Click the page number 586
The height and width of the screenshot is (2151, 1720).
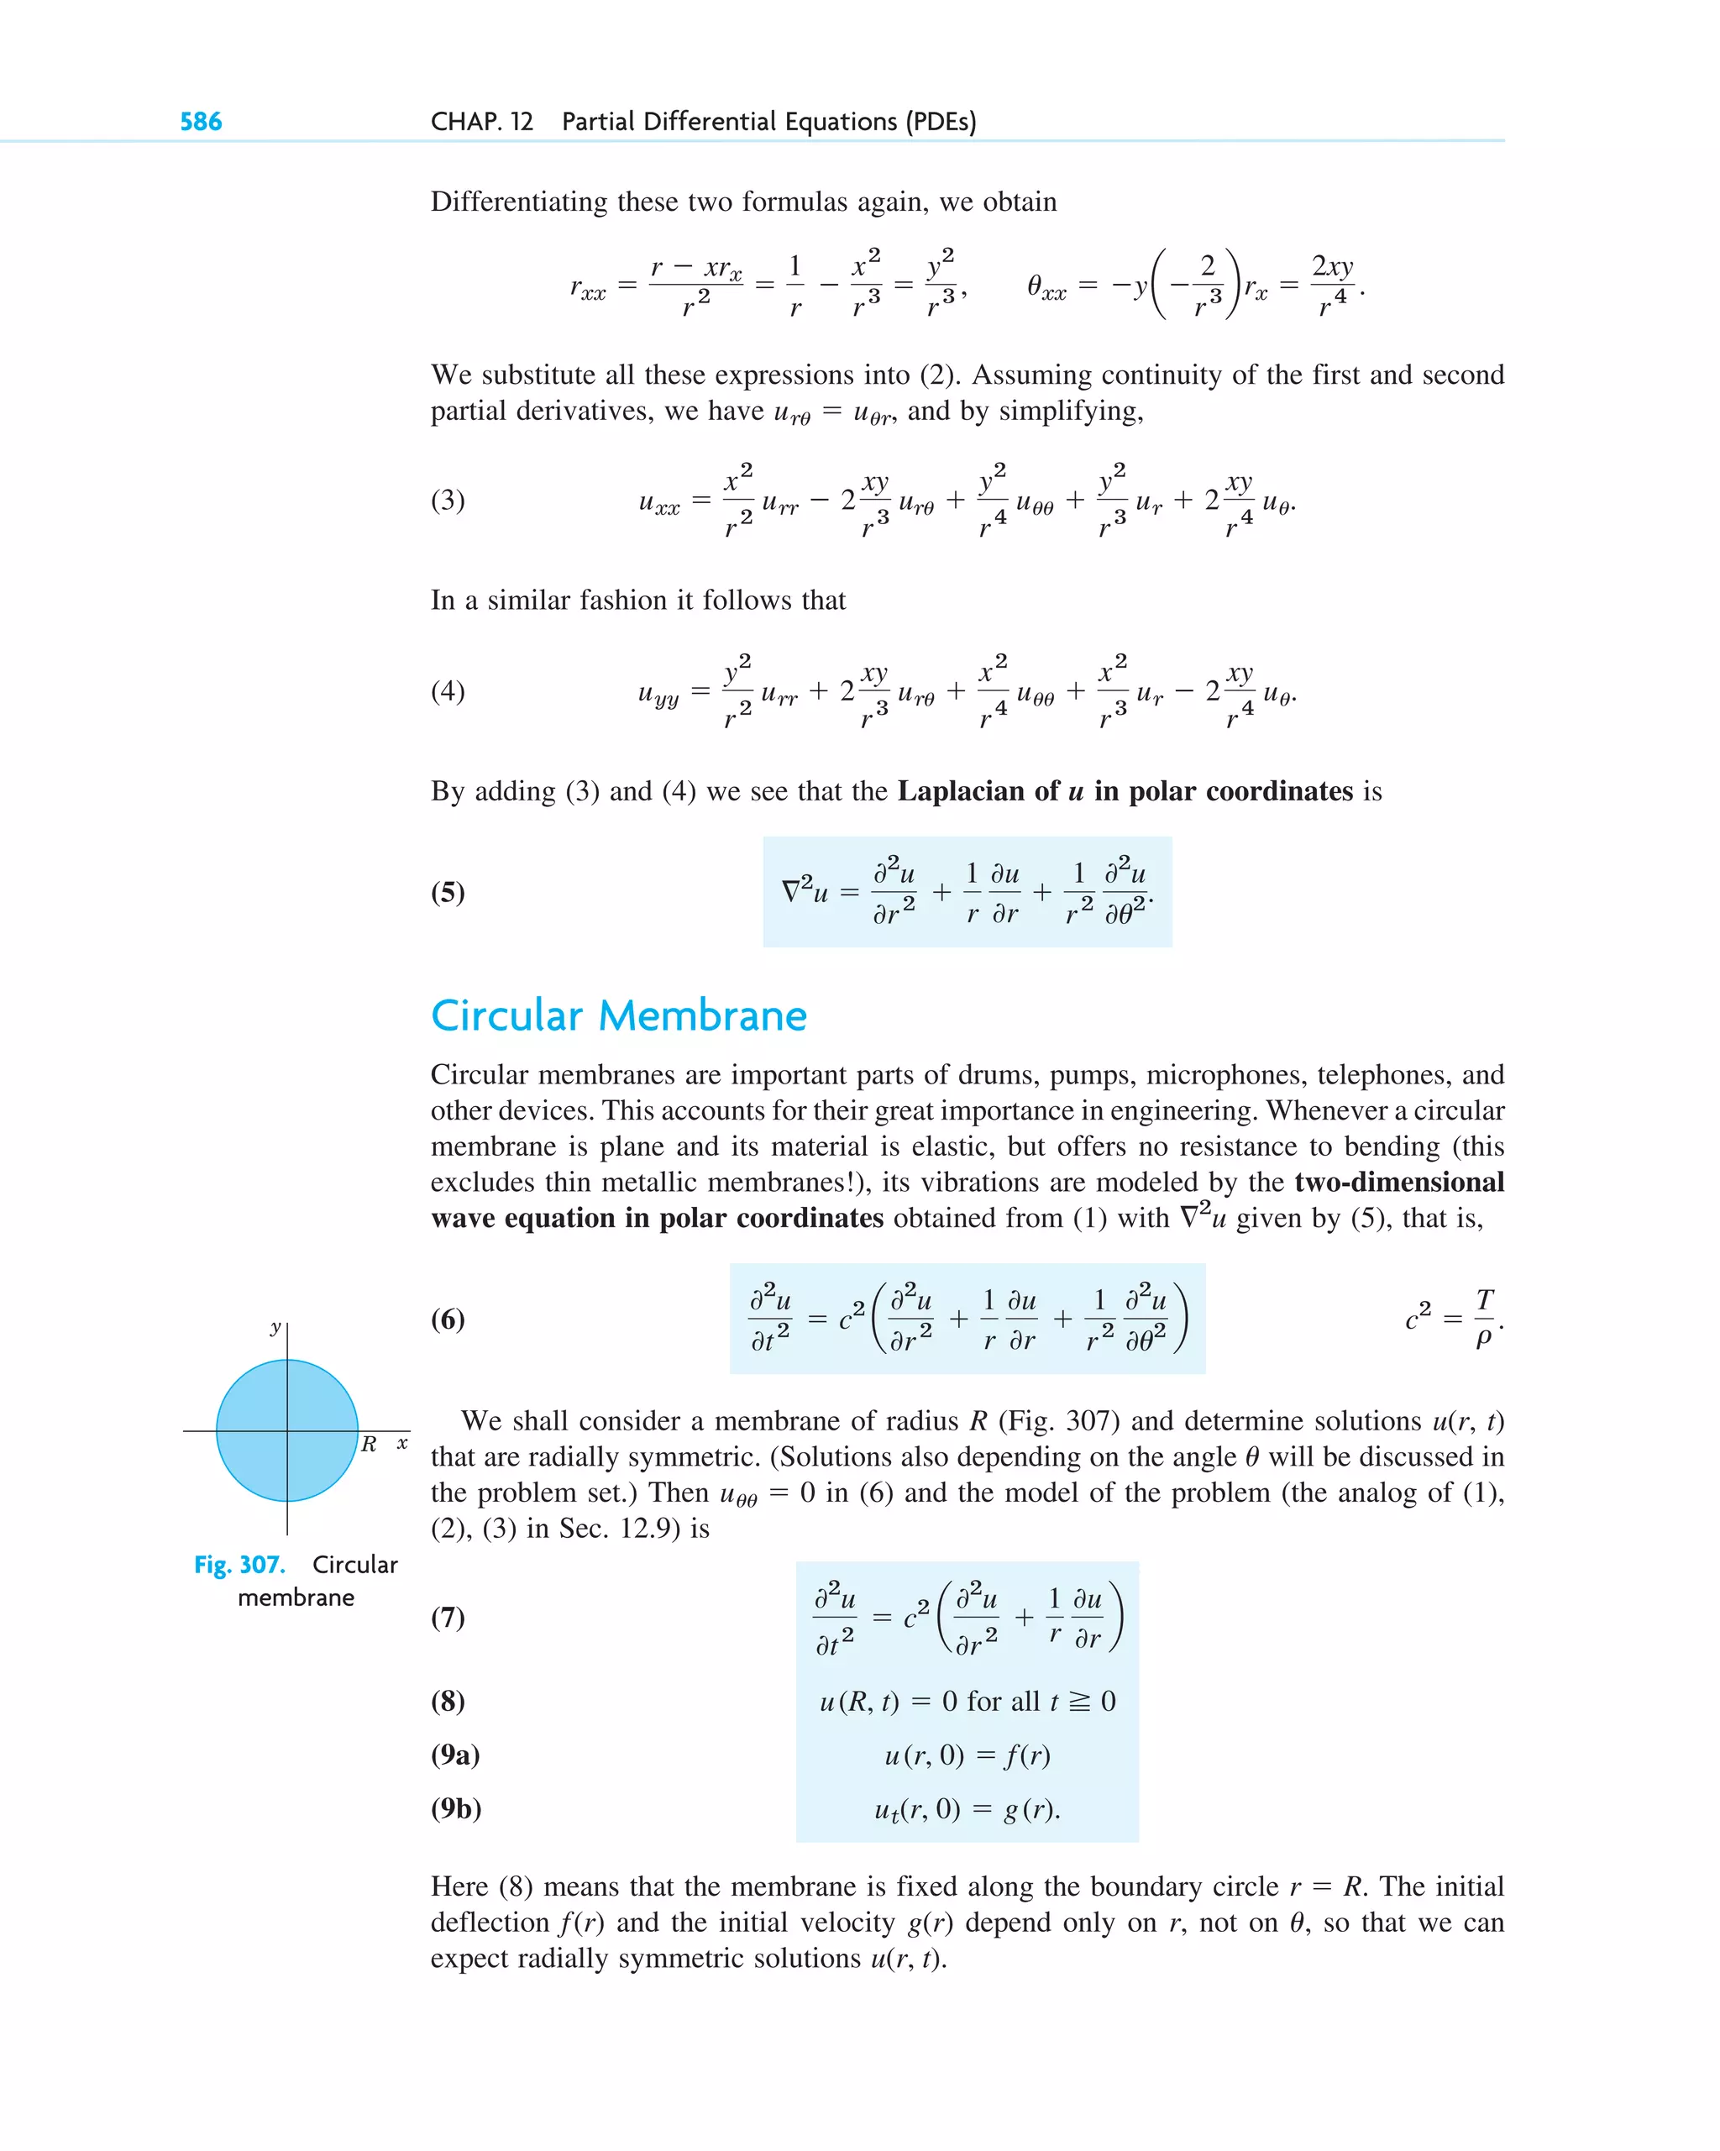[x=201, y=122]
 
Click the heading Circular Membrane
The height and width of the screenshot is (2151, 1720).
[x=619, y=1015]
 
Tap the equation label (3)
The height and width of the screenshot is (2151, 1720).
[x=448, y=499]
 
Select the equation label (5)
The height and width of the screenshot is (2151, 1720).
[x=448, y=892]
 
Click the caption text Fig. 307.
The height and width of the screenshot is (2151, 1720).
[x=239, y=1565]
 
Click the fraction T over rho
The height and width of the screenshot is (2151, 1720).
[x=1483, y=1318]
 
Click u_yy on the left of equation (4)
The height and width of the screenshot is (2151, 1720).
[x=658, y=694]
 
